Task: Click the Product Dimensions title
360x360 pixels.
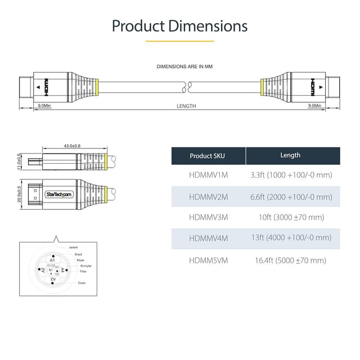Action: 179,26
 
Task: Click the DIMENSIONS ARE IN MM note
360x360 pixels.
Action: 184,67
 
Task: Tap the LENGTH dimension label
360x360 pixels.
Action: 186,106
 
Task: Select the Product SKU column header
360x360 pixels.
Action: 208,156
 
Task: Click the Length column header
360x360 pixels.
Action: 290,155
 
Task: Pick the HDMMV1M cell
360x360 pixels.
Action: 209,175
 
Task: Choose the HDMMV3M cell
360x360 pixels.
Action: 209,217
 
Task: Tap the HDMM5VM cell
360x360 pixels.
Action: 209,260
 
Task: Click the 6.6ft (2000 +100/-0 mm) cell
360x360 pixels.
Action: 291,196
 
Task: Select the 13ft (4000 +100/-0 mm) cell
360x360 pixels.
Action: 291,238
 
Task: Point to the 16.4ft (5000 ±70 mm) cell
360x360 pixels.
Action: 291,260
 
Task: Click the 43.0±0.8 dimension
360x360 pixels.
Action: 71,146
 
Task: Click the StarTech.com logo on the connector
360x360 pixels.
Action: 58,194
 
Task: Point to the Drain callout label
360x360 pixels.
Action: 82,282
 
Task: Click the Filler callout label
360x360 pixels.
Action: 83,271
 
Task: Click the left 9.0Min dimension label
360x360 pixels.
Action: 44,106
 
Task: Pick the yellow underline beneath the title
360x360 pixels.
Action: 179,41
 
